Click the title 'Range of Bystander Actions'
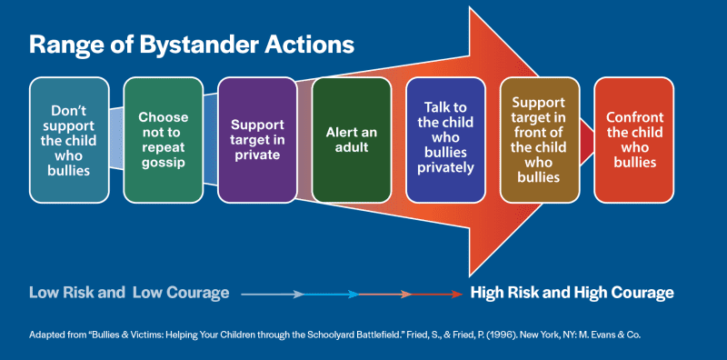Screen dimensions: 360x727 (192, 44)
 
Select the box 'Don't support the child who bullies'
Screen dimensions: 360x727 (69, 139)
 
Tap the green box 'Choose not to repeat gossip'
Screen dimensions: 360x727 (164, 139)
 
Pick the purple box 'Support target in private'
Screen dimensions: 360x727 (257, 139)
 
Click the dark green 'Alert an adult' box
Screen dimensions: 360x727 (352, 139)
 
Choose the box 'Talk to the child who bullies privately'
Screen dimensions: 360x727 (445, 139)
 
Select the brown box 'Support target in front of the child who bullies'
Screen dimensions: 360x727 (540, 139)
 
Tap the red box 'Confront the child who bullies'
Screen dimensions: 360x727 (633, 139)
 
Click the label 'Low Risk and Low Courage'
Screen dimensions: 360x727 (128, 293)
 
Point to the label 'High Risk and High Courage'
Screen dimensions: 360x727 (572, 293)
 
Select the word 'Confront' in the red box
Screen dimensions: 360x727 (633, 117)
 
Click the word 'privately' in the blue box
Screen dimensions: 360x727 (445, 168)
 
